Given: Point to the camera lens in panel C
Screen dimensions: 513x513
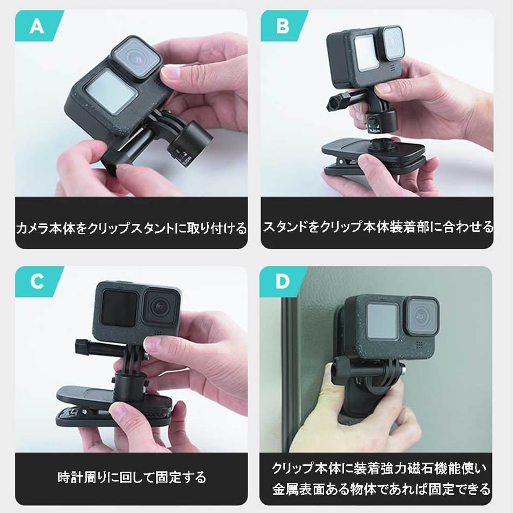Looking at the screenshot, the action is (162, 307).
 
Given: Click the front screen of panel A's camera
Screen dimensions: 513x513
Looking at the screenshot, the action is (110, 92).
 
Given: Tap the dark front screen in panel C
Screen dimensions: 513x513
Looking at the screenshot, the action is (119, 309).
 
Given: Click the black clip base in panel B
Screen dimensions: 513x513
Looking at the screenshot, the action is (373, 157).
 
